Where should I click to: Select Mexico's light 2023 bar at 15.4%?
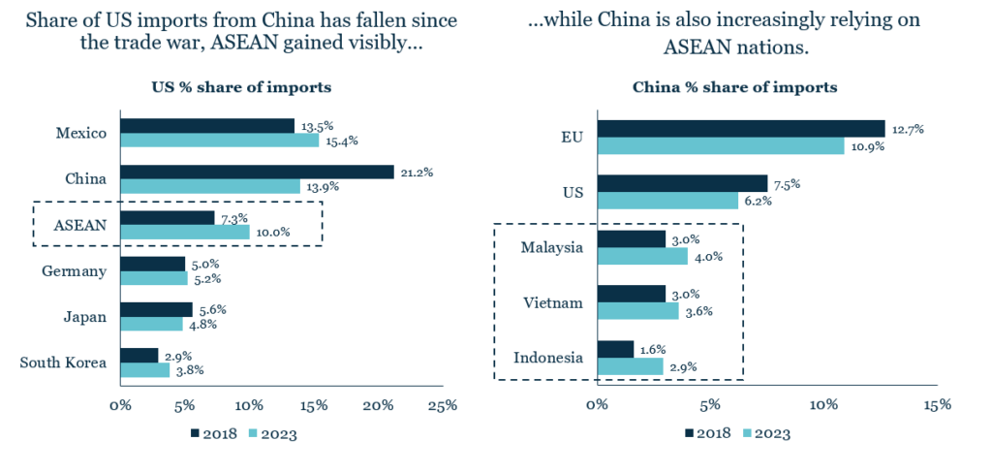[219, 141]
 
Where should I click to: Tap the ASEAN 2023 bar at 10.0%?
[184, 233]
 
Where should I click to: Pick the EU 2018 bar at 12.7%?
[741, 128]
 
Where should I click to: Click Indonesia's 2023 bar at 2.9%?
[630, 366]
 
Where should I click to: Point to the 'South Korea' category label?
[63, 363]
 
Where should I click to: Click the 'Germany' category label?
[74, 271]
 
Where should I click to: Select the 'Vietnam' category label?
[553, 302]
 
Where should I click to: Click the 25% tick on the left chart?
[443, 405]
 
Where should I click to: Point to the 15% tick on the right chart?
[937, 404]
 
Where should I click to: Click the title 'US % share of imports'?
[241, 87]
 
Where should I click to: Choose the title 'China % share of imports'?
[735, 87]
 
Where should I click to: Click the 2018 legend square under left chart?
[195, 433]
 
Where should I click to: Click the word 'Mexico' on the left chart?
[80, 133]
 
